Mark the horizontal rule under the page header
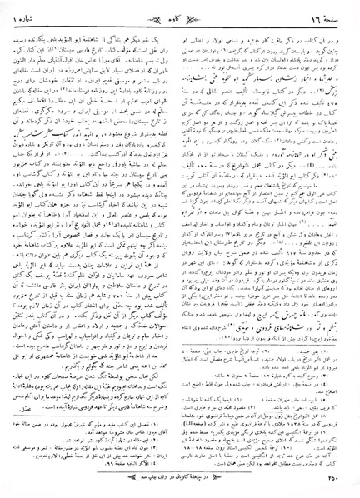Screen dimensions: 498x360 pos(179,24)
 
